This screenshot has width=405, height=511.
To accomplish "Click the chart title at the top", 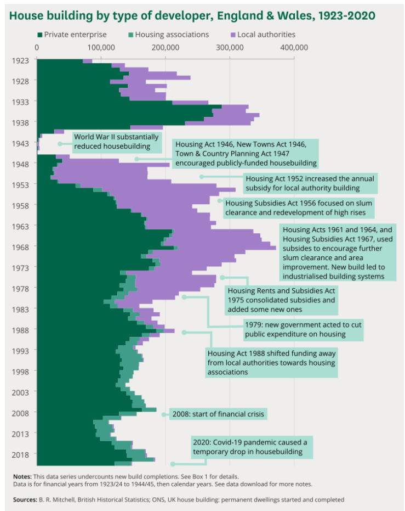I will [x=191, y=15].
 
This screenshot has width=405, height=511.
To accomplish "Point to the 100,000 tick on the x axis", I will [x=101, y=48].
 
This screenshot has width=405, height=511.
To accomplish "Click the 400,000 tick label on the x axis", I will [x=294, y=48].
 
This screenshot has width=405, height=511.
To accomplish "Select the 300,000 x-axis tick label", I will [x=230, y=48].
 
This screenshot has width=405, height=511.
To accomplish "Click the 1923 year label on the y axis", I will [x=20, y=60].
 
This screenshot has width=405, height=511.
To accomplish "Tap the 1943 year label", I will [x=20, y=143].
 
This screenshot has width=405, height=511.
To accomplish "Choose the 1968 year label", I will [x=20, y=247].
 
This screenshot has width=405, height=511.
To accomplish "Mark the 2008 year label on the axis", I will [x=20, y=413].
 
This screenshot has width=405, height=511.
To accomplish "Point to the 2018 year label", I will [x=20, y=454].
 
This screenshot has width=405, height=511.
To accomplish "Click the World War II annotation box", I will [x=116, y=142].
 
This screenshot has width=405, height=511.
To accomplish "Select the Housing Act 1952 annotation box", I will [x=310, y=183].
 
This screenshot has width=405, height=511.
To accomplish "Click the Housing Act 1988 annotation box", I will [x=271, y=362].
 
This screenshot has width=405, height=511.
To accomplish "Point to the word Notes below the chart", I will [x=22, y=476].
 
